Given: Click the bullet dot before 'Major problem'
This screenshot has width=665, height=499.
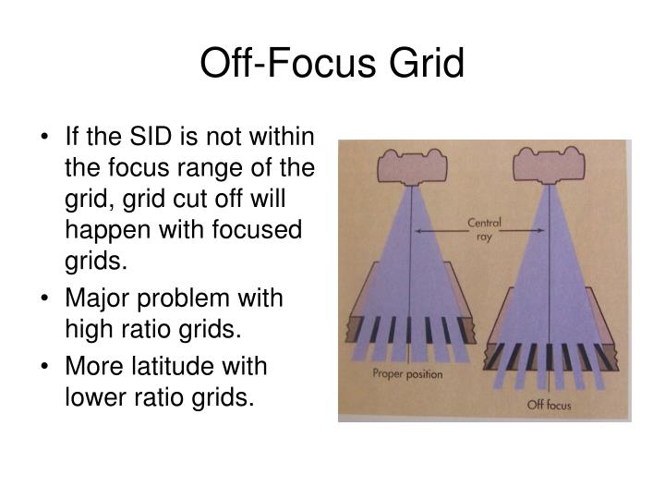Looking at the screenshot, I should tap(46, 299).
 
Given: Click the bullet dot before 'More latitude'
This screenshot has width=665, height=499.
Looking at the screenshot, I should tap(46, 366).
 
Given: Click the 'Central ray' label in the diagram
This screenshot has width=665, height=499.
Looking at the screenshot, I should tap(484, 227).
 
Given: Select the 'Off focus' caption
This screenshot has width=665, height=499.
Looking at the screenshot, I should tap(549, 404).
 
